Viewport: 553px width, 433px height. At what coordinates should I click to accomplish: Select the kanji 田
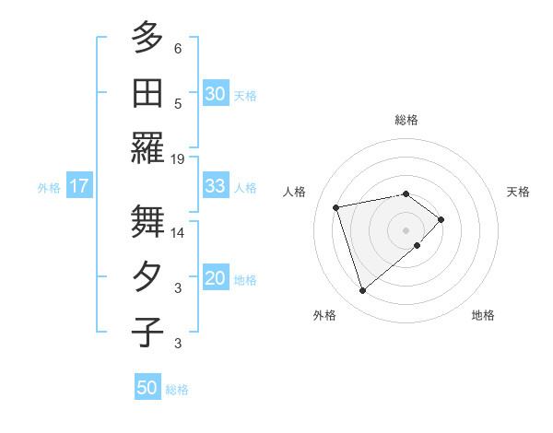[147, 93]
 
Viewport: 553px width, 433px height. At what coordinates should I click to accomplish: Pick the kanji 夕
[147, 277]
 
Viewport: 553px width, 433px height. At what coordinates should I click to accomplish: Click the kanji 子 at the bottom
[147, 333]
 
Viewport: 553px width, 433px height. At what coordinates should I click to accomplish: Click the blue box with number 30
[216, 94]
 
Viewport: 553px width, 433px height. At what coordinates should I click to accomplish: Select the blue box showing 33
[216, 186]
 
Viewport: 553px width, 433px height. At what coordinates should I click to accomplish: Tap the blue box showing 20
[216, 279]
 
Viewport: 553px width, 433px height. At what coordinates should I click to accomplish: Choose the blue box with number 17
[79, 187]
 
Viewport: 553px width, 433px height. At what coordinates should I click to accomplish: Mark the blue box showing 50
[147, 388]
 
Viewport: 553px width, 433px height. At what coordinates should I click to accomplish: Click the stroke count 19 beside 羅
[178, 158]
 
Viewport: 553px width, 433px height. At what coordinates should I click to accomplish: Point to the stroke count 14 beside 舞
[178, 233]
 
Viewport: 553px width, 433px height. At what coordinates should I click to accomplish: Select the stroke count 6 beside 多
[178, 48]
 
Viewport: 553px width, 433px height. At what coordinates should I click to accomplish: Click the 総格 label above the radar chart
[406, 120]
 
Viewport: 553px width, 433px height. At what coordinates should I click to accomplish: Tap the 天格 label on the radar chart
[518, 192]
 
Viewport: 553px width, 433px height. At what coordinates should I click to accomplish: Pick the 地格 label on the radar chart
[483, 315]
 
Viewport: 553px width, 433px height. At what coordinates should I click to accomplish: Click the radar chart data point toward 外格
[362, 291]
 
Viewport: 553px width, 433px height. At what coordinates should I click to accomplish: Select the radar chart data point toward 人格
[336, 206]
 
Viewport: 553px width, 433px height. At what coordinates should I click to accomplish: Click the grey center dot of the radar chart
[406, 228]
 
